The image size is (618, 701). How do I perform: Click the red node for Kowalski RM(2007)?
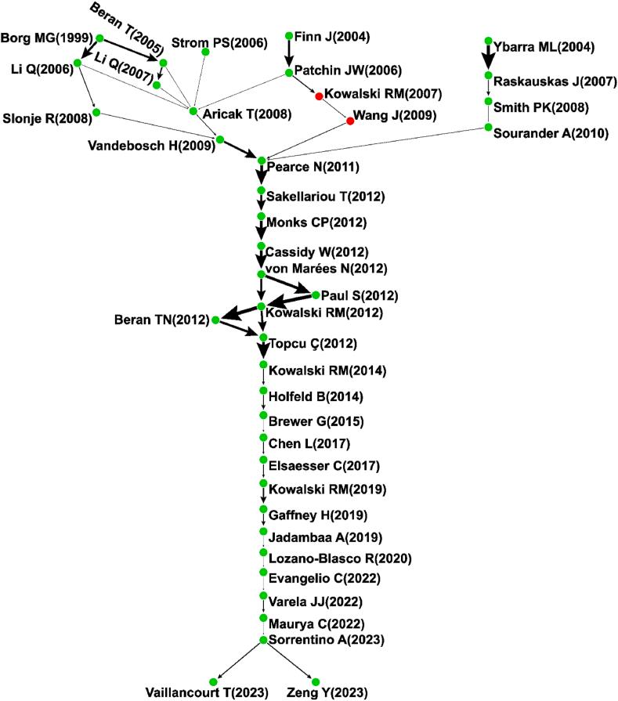pos(319,96)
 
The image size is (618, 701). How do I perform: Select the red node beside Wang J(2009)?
pos(350,121)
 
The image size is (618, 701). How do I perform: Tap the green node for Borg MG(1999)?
pos(99,38)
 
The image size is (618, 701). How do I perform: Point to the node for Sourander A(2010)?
pos(488,127)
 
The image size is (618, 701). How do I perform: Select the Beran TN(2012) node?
pos(215,320)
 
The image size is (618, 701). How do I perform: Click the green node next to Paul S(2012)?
pos(316,295)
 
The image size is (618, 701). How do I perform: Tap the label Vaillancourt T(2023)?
pos(207,692)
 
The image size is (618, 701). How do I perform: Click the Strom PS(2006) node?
pos(205,52)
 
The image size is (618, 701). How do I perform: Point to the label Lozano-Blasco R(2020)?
pos(340,558)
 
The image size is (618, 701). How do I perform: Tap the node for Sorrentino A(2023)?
pos(263,640)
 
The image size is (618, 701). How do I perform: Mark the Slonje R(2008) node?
pos(96,113)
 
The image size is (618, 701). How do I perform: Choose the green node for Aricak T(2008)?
pos(193,110)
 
